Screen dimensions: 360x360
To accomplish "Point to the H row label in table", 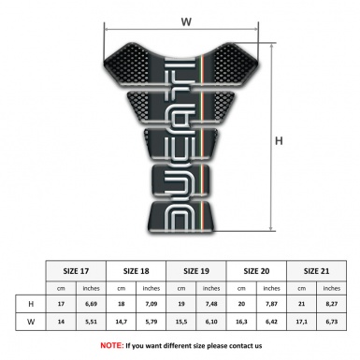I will coord(32,304).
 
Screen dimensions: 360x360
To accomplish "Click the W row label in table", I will coord(32,323).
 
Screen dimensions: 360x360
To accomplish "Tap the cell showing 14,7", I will coord(122,323).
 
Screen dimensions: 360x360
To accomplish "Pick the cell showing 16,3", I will coord(241,323).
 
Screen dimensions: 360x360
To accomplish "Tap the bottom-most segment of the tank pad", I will coord(186,220).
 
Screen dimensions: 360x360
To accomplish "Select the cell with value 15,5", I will coord(181,323).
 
